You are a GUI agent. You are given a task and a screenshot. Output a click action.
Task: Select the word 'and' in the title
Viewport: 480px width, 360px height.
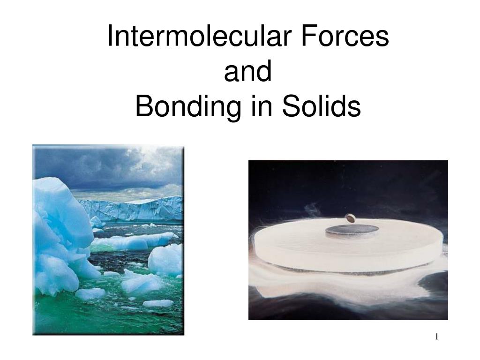pos(248,72)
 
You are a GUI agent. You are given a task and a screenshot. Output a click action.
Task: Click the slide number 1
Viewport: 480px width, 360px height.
pos(437,337)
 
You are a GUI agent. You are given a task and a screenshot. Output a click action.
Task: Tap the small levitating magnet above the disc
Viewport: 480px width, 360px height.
pos(349,217)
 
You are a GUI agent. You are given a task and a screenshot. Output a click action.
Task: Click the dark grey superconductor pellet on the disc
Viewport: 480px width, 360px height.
pos(352,229)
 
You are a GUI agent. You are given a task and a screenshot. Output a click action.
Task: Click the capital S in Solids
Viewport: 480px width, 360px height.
pos(288,107)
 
